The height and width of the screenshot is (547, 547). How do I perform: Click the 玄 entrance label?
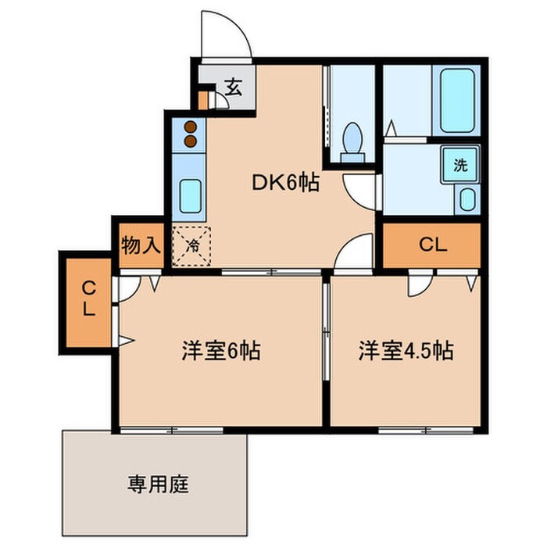(x=233, y=87)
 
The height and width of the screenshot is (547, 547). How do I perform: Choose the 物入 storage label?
(x=141, y=245)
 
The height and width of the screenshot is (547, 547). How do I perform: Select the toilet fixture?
(x=352, y=141)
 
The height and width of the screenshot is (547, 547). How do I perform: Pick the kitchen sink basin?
(x=191, y=196)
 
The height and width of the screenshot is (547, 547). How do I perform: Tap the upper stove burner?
(x=190, y=127)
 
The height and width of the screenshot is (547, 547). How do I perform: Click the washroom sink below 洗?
(x=467, y=199)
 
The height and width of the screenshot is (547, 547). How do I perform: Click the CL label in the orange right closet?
(x=432, y=245)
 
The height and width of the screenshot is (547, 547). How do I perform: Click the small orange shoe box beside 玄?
(x=203, y=100)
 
